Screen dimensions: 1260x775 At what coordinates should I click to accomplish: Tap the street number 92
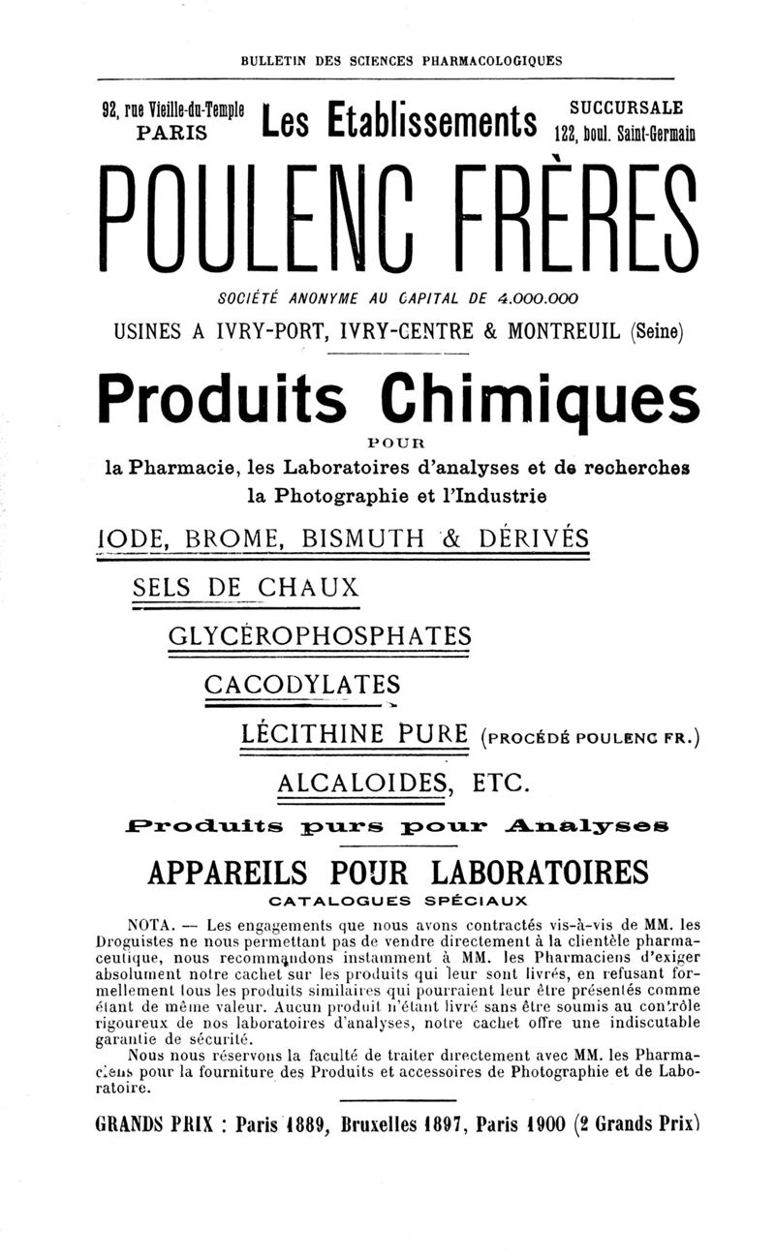pos(112,108)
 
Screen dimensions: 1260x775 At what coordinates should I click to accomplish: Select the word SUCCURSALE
pos(625,106)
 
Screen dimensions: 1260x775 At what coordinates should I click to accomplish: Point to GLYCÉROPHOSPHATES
pos(319,635)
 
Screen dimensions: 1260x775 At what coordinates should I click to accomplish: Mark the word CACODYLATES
pos(302,684)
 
